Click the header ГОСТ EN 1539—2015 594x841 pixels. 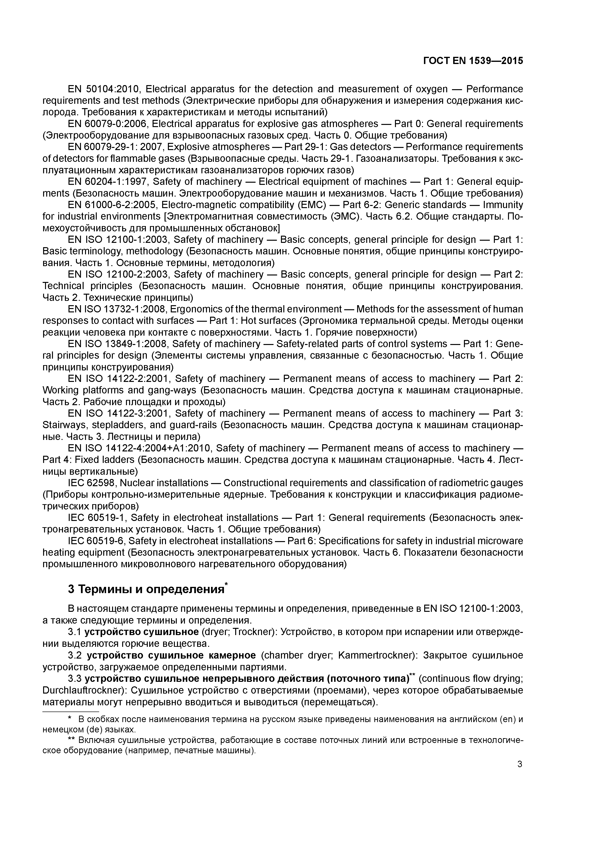point(473,61)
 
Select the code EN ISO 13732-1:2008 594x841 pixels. point(117,309)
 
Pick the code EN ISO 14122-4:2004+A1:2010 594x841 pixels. point(139,448)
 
